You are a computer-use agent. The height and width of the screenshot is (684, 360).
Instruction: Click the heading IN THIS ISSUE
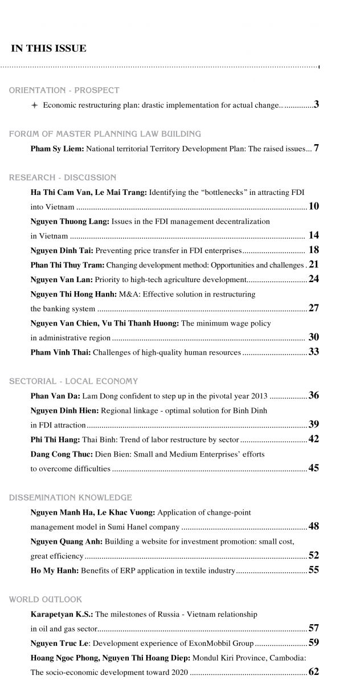[x=48, y=49]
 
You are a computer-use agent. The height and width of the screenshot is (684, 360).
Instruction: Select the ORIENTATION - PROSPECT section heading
[x=64, y=90]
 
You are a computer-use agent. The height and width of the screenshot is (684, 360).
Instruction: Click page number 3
[x=316, y=104]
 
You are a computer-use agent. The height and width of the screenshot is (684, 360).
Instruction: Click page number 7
[x=316, y=148]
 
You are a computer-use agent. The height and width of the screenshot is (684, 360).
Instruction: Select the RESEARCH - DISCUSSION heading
[x=62, y=178]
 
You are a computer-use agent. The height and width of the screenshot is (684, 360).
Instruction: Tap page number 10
[x=313, y=206]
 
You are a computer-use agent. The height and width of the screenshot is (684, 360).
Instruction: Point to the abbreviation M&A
[x=125, y=294]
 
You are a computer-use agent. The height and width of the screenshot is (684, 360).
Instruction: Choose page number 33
[x=313, y=352]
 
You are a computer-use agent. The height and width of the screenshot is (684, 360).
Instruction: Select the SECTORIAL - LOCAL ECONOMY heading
[x=73, y=381]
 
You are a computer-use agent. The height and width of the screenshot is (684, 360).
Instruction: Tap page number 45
[x=313, y=468]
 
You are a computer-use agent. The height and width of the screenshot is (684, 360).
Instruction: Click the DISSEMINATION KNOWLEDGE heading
[x=70, y=498]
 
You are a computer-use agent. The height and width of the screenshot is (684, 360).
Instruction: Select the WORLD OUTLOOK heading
[x=45, y=599]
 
